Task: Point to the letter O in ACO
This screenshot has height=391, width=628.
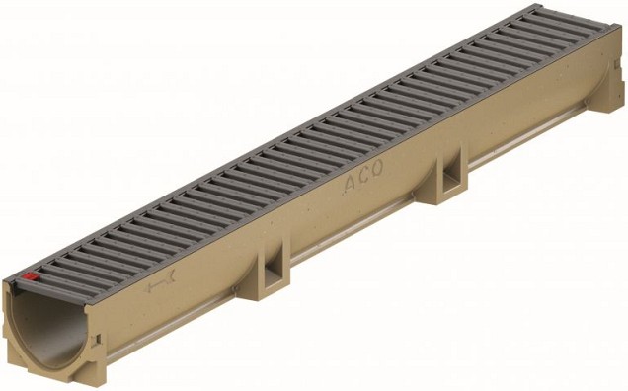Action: pyautogui.click(x=377, y=177)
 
